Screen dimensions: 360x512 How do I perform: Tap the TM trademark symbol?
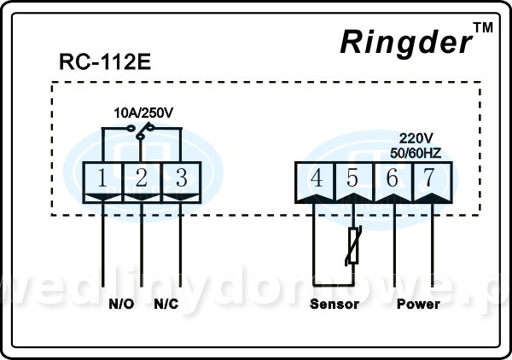point(482,28)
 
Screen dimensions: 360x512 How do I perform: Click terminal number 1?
point(102,178)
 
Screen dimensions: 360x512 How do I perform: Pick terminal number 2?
point(142,178)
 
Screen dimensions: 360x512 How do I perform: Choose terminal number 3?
point(181,178)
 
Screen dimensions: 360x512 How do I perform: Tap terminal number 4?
point(316,178)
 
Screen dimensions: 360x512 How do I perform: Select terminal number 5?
point(353,178)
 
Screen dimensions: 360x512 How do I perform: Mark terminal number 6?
point(393,178)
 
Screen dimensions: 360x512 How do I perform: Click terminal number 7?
point(431,178)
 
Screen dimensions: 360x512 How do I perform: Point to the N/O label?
point(120,304)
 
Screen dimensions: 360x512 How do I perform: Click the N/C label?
point(166,304)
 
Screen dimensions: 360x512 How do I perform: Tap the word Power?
point(418,304)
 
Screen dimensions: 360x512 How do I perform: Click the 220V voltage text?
point(417,136)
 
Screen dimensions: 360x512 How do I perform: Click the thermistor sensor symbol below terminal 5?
point(353,247)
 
